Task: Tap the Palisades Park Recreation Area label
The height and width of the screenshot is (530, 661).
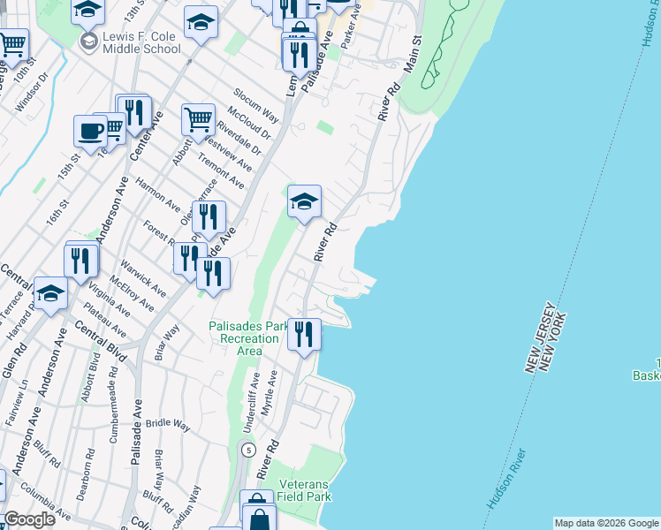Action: point(248,338)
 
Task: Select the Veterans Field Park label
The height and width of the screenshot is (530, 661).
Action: point(305,491)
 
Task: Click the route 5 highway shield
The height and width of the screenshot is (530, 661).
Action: point(250,450)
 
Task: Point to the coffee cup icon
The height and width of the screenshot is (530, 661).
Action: point(89,130)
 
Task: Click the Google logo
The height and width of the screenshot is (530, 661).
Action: point(29,519)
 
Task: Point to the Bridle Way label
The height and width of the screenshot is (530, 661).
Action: point(169,426)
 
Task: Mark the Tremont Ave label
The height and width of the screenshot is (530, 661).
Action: point(221,170)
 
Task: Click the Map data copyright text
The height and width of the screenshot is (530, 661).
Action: point(606,523)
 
